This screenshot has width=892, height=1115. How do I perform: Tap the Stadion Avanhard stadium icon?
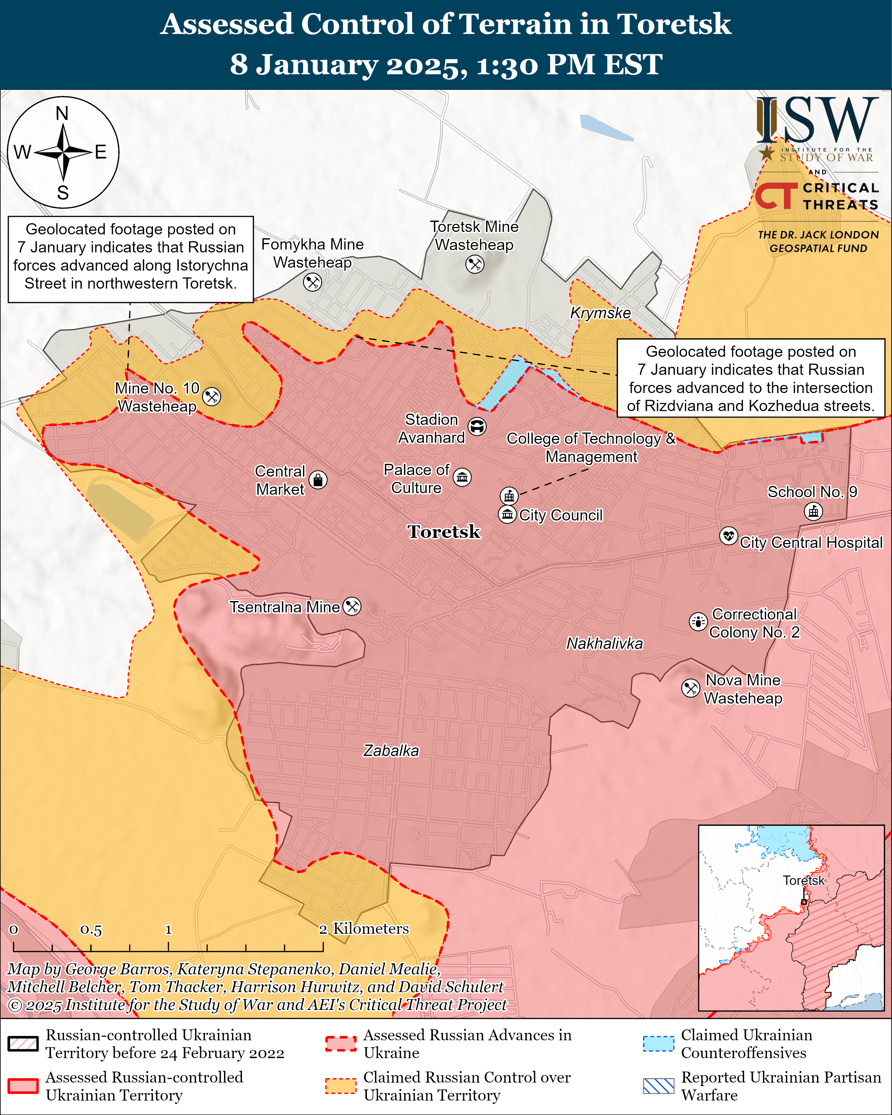coord(477,427)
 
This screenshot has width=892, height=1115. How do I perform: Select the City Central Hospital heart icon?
coord(729,536)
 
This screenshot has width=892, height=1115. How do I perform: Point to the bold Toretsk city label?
coord(444,532)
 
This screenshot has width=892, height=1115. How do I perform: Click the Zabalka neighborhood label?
coord(391,750)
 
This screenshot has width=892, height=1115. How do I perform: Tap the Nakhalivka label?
coord(604,643)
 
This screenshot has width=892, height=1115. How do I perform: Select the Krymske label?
coord(600,313)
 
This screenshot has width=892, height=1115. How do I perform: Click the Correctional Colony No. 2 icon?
coord(698,622)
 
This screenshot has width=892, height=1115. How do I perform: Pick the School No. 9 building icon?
coord(813,511)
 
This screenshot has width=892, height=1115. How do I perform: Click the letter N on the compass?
coord(62,113)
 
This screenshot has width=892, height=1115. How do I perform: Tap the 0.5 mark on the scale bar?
coord(91,930)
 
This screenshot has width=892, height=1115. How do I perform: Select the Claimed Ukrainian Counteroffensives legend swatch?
coord(658,1044)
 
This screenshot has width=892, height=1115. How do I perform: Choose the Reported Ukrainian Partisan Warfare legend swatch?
coord(658,1086)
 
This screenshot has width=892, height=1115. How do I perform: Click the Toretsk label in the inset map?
coord(804,881)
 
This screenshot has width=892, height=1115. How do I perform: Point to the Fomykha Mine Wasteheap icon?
coord(312,282)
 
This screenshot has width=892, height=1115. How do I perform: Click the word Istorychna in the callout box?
coord(212,265)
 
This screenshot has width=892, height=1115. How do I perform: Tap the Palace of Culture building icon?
coord(462,477)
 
